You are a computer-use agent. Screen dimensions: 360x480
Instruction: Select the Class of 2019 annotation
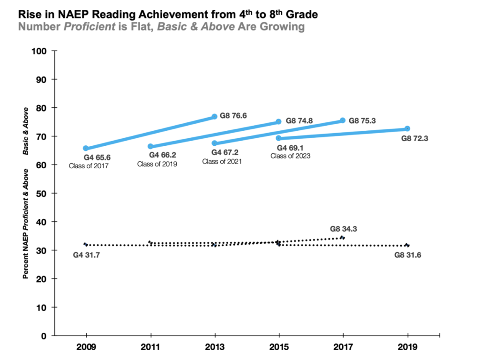(157, 164)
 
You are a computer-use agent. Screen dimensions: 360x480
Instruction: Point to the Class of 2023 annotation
(290, 156)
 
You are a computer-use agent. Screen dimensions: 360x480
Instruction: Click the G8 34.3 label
(344, 229)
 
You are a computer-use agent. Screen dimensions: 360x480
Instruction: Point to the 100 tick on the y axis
(43, 51)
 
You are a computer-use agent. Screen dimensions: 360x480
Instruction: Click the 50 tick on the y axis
(45, 193)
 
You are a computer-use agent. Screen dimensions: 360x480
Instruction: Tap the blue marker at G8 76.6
(215, 116)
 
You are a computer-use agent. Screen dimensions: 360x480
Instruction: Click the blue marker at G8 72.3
(407, 128)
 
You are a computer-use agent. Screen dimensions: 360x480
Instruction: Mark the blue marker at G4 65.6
(86, 148)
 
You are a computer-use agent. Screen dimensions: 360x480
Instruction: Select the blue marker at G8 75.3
(343, 120)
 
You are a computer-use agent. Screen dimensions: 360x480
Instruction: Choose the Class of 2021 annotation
(222, 161)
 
